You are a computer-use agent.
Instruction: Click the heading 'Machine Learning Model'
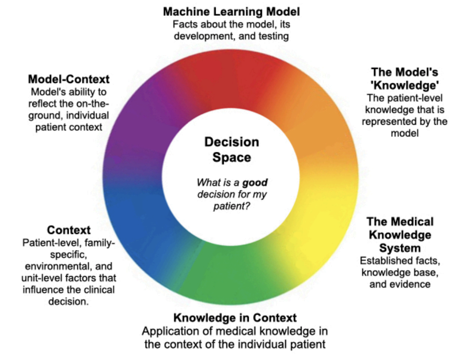[x=232, y=11]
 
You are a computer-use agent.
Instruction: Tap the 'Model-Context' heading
[x=69, y=79]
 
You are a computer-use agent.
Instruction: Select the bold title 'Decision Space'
[x=232, y=150]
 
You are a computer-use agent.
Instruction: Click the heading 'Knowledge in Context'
[x=235, y=318]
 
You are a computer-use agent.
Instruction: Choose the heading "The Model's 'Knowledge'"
[x=405, y=79]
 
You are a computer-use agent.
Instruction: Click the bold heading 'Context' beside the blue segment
[x=69, y=230]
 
